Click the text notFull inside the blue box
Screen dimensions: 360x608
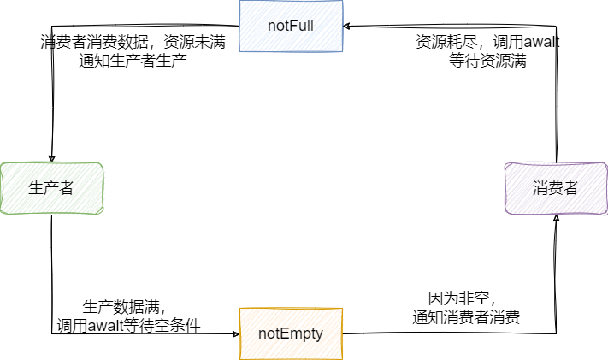tap(291, 25)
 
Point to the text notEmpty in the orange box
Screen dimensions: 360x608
tap(291, 333)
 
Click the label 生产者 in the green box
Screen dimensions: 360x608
tap(51, 188)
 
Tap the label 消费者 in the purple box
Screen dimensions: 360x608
tap(556, 188)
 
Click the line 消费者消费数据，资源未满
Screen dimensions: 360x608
tap(133, 42)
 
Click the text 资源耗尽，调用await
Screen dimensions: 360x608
tap(488, 42)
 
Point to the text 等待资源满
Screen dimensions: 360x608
tap(488, 61)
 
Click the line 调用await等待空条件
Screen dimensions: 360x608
tap(128, 325)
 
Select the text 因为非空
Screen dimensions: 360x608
tap(462, 298)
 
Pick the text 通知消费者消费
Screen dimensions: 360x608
tap(466, 317)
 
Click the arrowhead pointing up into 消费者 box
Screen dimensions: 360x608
tap(557, 219)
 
